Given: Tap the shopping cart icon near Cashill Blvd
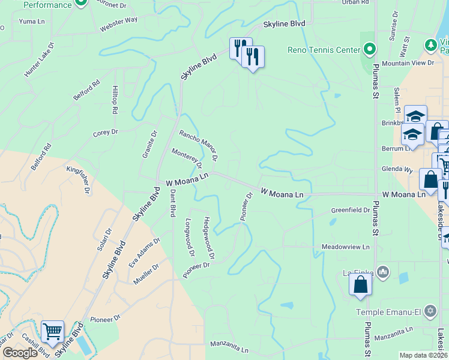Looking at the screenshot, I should click(x=53, y=330).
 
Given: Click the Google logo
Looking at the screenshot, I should click(x=20, y=353).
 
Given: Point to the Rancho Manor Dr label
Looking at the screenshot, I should click(x=198, y=145).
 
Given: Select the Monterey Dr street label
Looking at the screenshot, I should click(x=187, y=158).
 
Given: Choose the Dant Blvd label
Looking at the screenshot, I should click(x=173, y=203).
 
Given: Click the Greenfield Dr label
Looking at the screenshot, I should click(x=351, y=211).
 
